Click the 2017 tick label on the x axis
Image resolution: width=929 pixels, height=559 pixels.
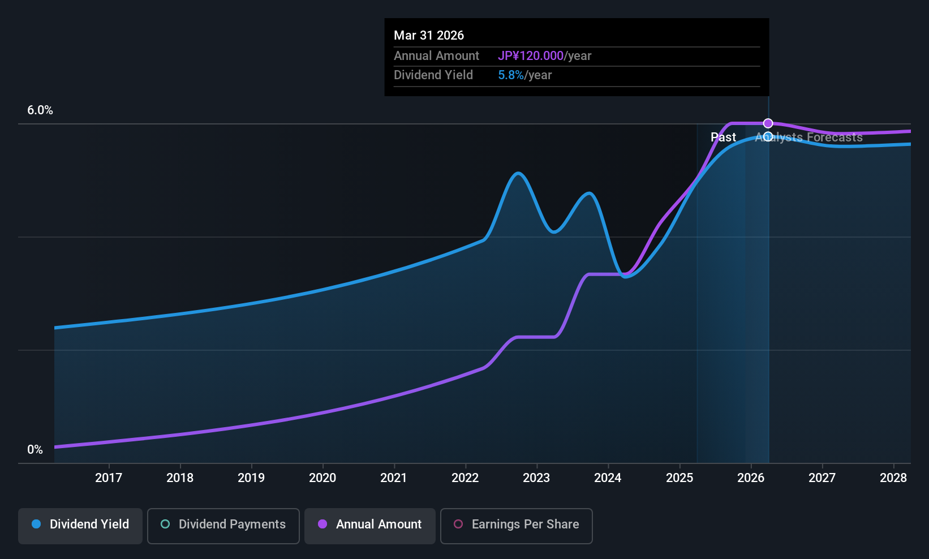(109, 478)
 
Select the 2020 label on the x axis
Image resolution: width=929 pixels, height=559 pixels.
(322, 478)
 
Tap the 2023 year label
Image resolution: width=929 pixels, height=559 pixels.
(536, 478)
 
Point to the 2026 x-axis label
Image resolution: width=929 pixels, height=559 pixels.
(751, 478)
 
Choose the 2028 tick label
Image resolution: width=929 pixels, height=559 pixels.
(893, 478)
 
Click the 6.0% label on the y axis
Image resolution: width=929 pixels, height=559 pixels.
(40, 110)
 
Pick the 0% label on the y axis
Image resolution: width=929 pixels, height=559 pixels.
(35, 450)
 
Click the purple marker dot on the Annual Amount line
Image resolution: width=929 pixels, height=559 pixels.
(768, 123)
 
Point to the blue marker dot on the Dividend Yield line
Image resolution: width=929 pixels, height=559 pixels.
(768, 136)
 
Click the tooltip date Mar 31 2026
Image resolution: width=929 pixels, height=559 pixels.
(429, 36)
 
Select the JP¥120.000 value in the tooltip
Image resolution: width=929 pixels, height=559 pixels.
(531, 56)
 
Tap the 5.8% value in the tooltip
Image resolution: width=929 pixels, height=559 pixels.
(511, 75)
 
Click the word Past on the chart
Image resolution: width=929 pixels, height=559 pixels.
(723, 137)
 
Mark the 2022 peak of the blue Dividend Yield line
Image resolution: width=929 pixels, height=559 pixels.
(518, 173)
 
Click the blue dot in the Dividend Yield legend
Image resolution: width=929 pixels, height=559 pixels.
(36, 524)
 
